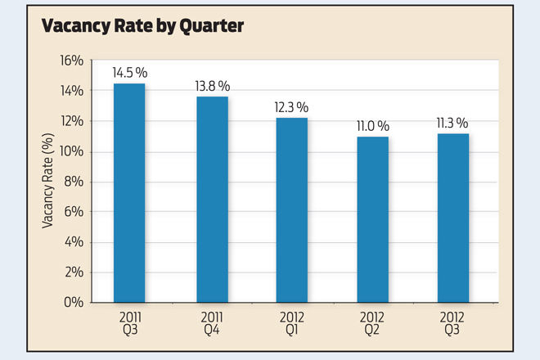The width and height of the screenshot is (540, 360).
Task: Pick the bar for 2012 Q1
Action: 291,209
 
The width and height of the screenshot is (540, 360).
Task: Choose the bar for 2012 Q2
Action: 372,219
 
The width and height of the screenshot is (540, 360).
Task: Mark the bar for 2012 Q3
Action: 452,218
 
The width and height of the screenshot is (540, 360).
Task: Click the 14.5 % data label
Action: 129,72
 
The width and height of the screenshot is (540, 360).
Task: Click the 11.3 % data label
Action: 452,123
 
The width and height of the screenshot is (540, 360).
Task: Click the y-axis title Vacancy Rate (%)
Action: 48,182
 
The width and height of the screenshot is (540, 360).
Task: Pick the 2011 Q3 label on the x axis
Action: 129,322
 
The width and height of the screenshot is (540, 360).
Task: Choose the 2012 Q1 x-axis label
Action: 291,322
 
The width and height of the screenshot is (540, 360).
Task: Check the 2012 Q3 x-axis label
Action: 452,322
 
